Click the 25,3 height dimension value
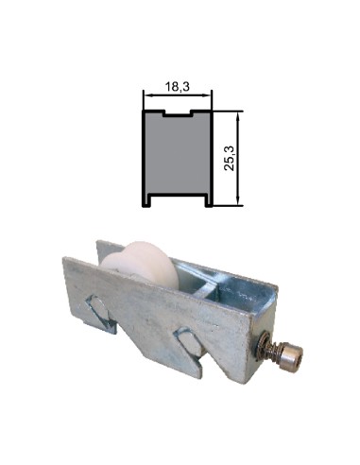pyautogui.click(x=230, y=157)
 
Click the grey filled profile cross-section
pyautogui.click(x=178, y=156)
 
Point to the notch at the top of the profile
pyautogui.click(x=178, y=114)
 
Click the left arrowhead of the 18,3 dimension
pyautogui.click(x=147, y=95)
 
